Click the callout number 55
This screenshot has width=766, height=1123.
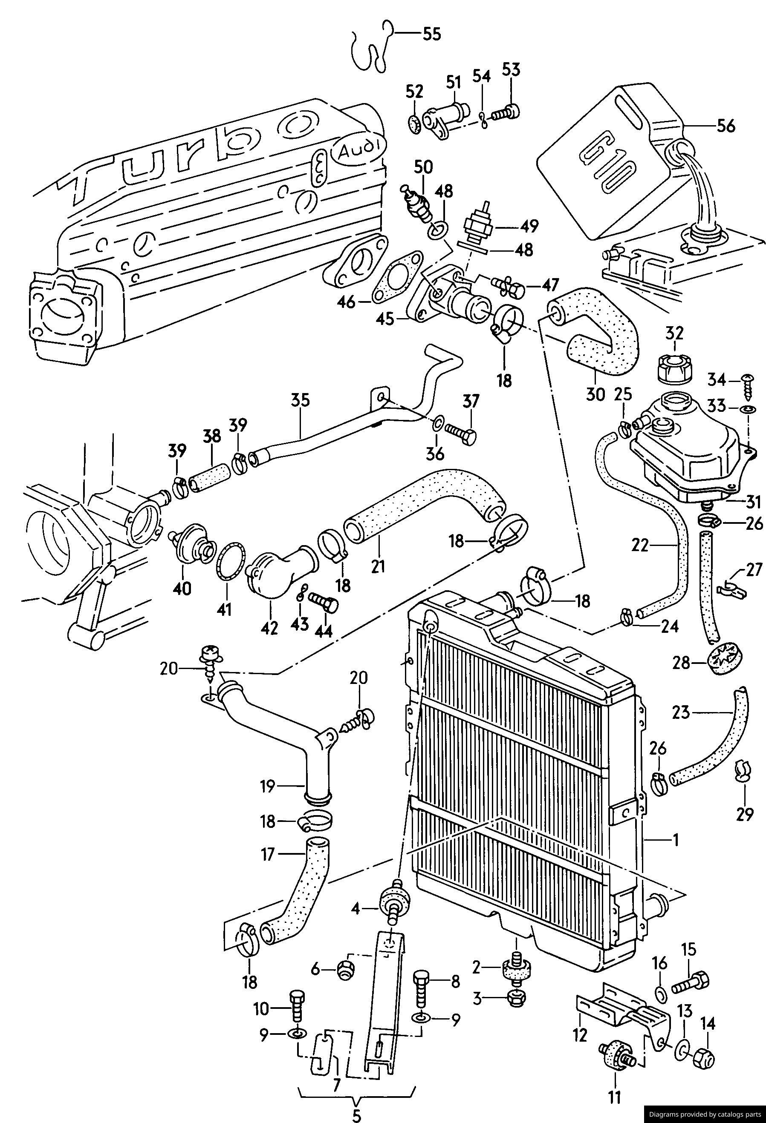pyautogui.click(x=432, y=34)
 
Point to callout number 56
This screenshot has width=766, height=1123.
pyautogui.click(x=726, y=126)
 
